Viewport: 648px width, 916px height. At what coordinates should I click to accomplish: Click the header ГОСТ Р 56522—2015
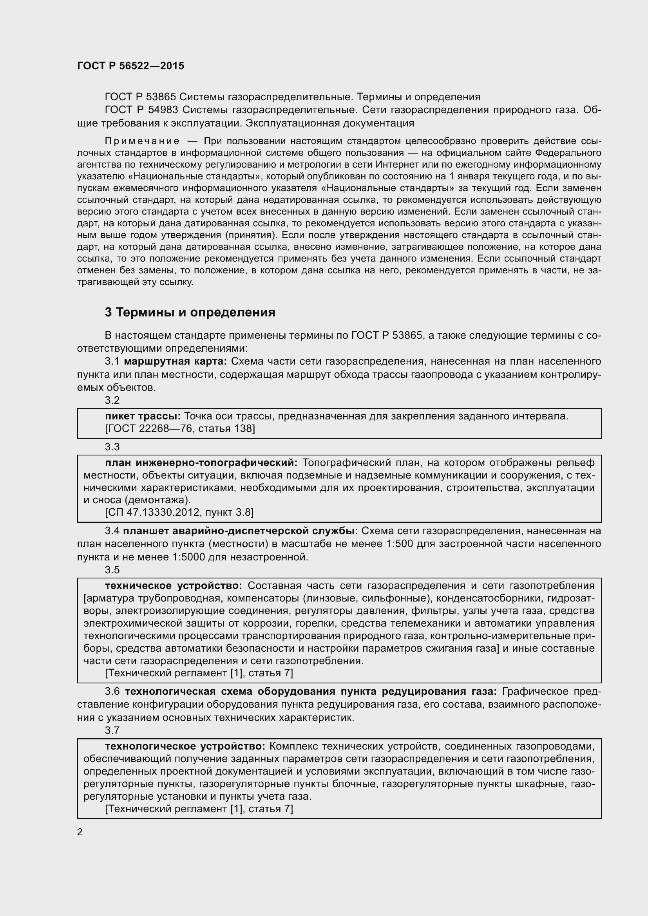(130, 66)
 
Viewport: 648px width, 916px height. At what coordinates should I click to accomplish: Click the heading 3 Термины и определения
(190, 312)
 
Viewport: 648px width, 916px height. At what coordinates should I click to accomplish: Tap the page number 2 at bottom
(80, 832)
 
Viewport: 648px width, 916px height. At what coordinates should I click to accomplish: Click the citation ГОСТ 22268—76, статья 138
(180, 428)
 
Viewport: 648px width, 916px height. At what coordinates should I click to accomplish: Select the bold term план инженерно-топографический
(201, 463)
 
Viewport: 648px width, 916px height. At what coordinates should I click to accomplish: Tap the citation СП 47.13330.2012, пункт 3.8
(179, 512)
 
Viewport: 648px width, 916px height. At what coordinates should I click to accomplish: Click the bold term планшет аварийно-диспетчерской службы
(240, 531)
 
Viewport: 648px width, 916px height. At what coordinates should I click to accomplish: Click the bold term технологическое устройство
(185, 746)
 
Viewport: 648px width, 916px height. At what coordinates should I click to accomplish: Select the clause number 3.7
(112, 730)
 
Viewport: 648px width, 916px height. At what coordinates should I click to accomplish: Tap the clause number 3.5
(112, 570)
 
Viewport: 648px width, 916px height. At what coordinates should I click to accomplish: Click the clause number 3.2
(112, 400)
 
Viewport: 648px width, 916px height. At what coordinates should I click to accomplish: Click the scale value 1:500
(397, 544)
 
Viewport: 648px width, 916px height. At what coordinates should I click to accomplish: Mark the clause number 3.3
(112, 447)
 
